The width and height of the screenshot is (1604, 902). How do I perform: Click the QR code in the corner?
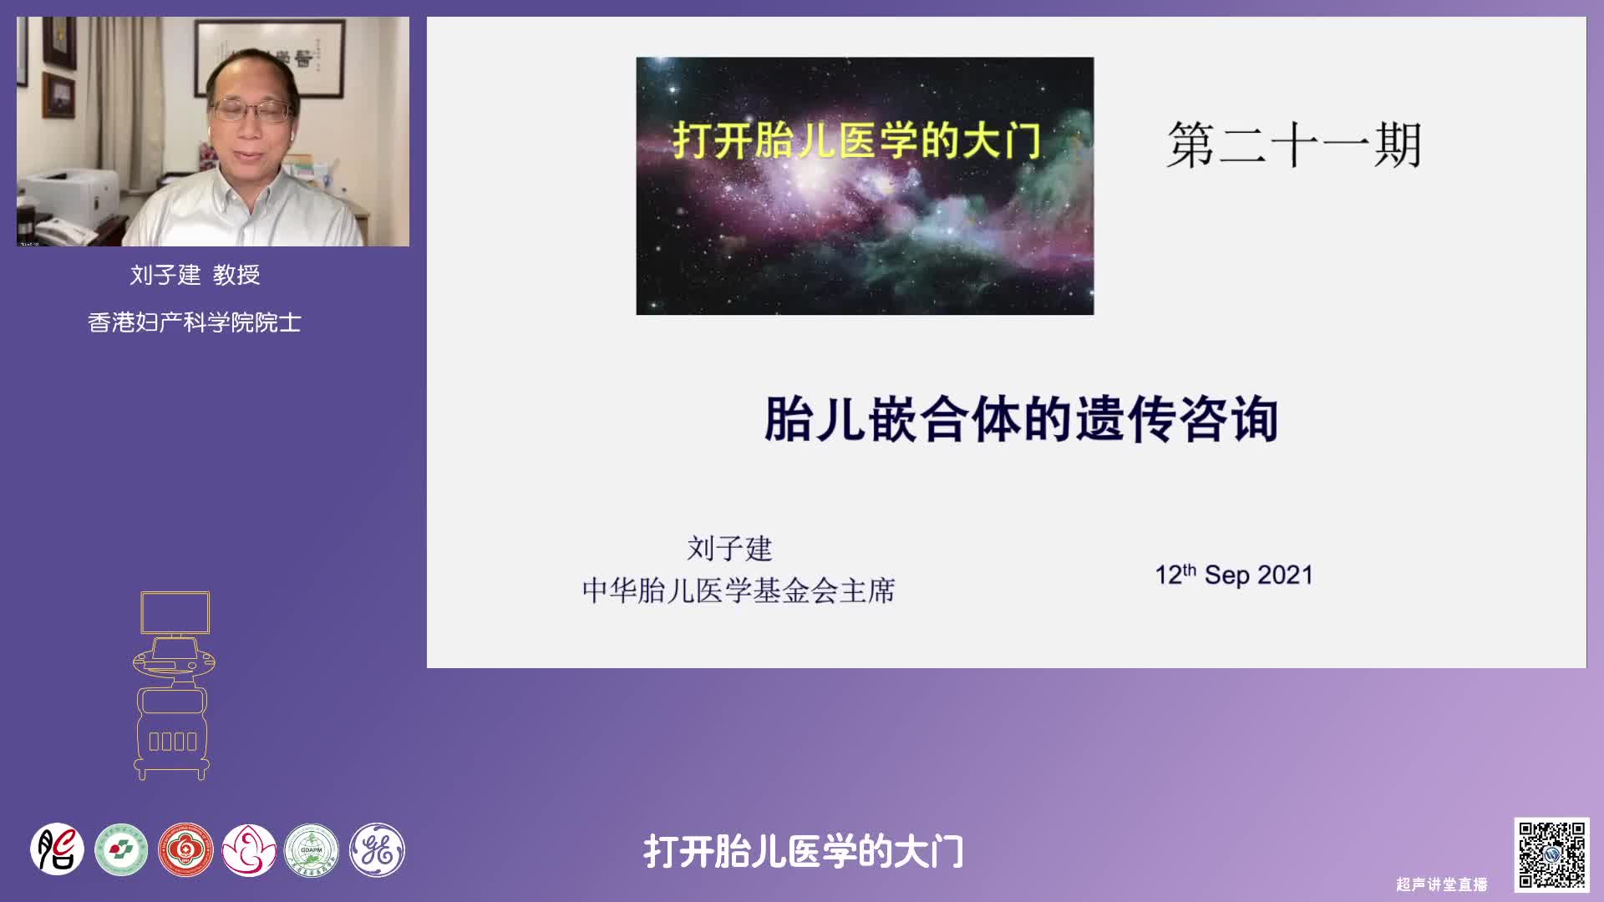point(1551,854)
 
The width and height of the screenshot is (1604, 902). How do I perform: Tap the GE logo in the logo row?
point(377,850)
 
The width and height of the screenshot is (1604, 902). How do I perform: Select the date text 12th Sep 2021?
point(1234,575)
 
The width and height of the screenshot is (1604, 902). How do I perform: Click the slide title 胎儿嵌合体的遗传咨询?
point(1021,418)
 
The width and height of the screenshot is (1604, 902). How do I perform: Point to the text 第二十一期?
point(1293,144)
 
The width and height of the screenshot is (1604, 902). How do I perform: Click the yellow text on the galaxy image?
point(857,139)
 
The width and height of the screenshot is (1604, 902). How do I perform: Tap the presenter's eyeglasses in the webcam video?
point(252,110)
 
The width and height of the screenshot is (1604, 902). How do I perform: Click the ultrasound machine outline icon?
point(174,686)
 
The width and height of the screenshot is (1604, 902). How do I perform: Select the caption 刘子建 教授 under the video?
point(195,274)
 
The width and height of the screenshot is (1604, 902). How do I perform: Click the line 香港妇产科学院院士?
point(195,322)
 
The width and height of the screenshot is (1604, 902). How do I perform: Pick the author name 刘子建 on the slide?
point(729,549)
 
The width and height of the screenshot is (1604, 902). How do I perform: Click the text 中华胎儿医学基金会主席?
point(739,590)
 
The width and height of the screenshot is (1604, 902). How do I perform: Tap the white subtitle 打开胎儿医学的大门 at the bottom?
point(804,852)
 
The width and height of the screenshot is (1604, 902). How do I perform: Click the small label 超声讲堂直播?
point(1442,884)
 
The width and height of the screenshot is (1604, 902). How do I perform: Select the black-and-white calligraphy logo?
point(58,850)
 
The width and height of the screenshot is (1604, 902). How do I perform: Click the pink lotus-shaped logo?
point(249,850)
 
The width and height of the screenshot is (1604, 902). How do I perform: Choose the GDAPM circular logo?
point(312,850)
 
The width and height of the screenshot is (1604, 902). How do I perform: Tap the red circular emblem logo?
point(185,850)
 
